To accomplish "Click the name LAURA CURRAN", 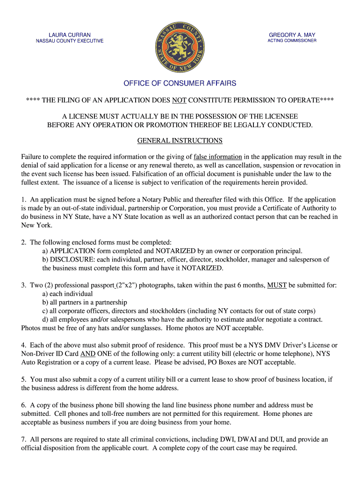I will tap(70, 35).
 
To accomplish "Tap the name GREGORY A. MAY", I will tap(292, 35).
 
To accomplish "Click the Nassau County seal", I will tap(180, 47).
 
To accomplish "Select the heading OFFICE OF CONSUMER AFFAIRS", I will tap(180, 84).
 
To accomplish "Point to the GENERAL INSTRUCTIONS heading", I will tap(180, 141).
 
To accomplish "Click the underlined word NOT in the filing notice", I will tap(180, 101).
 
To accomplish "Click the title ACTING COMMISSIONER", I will tap(292, 41).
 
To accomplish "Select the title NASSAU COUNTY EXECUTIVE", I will tap(70, 41).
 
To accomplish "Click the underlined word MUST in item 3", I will tap(277, 285).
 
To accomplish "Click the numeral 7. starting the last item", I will tap(24, 439).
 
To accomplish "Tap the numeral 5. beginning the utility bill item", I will tap(24, 379).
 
